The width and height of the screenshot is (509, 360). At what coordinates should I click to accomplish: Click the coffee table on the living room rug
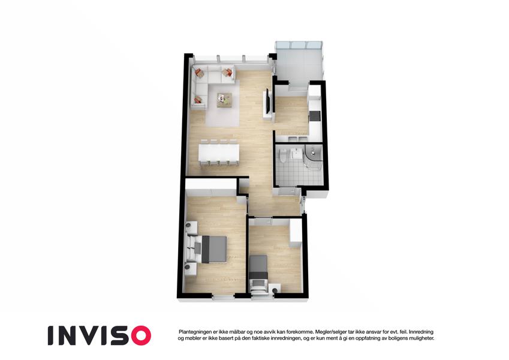(x=224, y=100)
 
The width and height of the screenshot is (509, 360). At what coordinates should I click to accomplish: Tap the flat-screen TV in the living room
(x=267, y=101)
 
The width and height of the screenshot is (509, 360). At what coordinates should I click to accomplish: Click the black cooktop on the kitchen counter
(x=315, y=116)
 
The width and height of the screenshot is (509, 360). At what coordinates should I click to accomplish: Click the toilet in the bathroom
(x=284, y=155)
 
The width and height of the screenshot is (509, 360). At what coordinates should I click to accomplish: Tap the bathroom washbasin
(x=296, y=153)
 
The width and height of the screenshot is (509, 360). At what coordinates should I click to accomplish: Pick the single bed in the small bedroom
(x=258, y=271)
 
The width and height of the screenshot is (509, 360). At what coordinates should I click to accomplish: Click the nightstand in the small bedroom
(x=275, y=288)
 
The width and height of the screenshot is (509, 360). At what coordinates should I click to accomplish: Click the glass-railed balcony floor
(x=299, y=68)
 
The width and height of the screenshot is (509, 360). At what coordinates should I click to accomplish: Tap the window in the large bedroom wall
(x=224, y=296)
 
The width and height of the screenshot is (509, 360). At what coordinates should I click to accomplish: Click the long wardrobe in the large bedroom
(x=210, y=188)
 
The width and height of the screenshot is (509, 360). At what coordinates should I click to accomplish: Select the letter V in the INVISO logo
(x=92, y=335)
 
